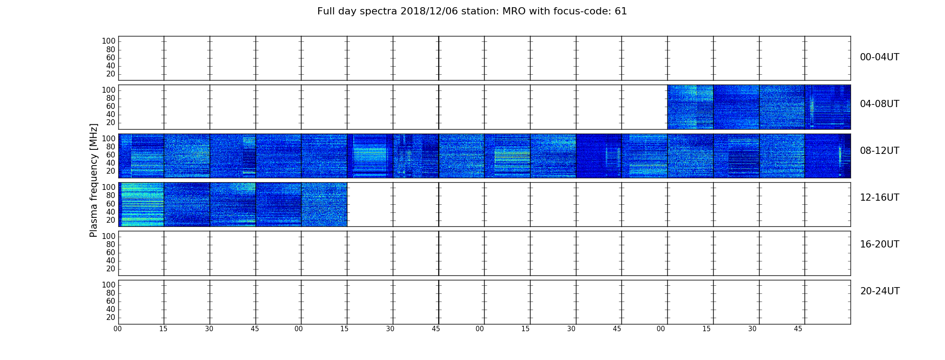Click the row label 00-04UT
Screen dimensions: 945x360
click(879, 57)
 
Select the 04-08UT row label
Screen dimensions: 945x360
click(879, 104)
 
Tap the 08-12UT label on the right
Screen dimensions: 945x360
click(879, 151)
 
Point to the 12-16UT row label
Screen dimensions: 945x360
click(879, 198)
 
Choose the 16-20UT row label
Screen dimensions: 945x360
click(879, 244)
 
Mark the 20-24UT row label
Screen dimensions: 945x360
click(880, 291)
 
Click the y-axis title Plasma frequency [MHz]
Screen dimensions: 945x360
click(94, 180)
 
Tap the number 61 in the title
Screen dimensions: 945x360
click(621, 11)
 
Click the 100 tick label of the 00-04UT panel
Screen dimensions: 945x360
click(108, 41)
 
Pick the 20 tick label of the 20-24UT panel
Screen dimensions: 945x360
click(111, 318)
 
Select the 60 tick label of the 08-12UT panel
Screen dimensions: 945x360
click(111, 155)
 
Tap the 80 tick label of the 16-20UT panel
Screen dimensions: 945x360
click(111, 244)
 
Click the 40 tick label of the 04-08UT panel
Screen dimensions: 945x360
click(111, 115)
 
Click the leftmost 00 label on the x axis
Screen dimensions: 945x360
click(117, 329)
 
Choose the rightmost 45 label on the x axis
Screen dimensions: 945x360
click(798, 329)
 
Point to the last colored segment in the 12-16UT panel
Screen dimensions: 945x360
click(324, 204)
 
